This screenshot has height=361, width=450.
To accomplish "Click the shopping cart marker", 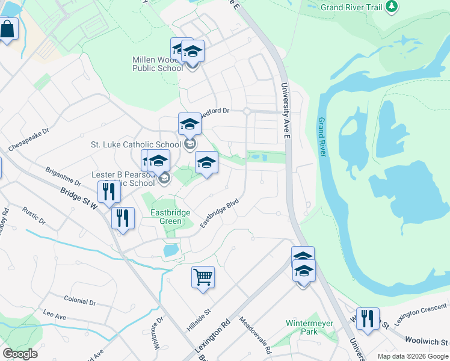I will [203, 278].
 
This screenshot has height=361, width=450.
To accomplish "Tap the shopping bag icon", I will [7, 29].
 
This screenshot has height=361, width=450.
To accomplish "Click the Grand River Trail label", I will [352, 7].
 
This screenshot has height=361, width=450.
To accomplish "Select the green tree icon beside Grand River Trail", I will [392, 7].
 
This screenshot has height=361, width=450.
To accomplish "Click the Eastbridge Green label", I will [171, 217].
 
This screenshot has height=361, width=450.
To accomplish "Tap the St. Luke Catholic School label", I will [135, 144].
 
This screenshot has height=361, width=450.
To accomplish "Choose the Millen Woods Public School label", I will [158, 64].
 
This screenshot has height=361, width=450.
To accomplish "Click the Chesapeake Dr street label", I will [28, 139].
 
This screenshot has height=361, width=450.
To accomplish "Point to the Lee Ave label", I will [54, 315].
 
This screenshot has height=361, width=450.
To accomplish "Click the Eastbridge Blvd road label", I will [220, 214].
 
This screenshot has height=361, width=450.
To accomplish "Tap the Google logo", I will [20, 354].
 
